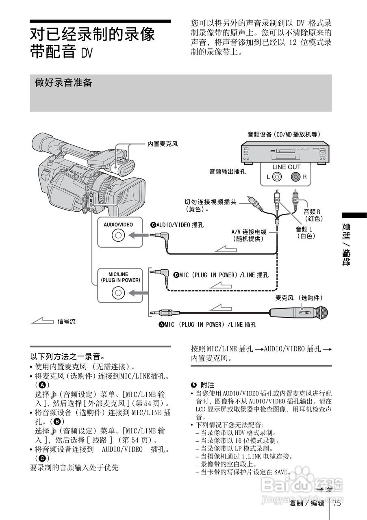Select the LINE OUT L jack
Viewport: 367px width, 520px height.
pyautogui.click(x=276, y=177)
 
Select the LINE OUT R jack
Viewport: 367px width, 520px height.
pyautogui.click(x=295, y=177)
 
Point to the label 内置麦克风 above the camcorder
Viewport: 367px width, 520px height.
pyautogui.click(x=163, y=144)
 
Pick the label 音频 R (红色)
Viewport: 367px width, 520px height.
pyautogui.click(x=313, y=215)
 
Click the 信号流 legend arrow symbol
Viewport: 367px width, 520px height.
pyautogui.click(x=42, y=322)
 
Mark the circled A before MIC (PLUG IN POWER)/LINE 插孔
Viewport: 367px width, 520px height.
pyautogui.click(x=161, y=325)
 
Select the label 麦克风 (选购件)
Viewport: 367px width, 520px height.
pyautogui.click(x=299, y=298)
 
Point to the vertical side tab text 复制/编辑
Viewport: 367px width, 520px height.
pyautogui.click(x=347, y=244)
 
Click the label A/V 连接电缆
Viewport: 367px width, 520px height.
pyautogui.click(x=249, y=232)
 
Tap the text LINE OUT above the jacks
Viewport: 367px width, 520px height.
pyautogui.click(x=286, y=167)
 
